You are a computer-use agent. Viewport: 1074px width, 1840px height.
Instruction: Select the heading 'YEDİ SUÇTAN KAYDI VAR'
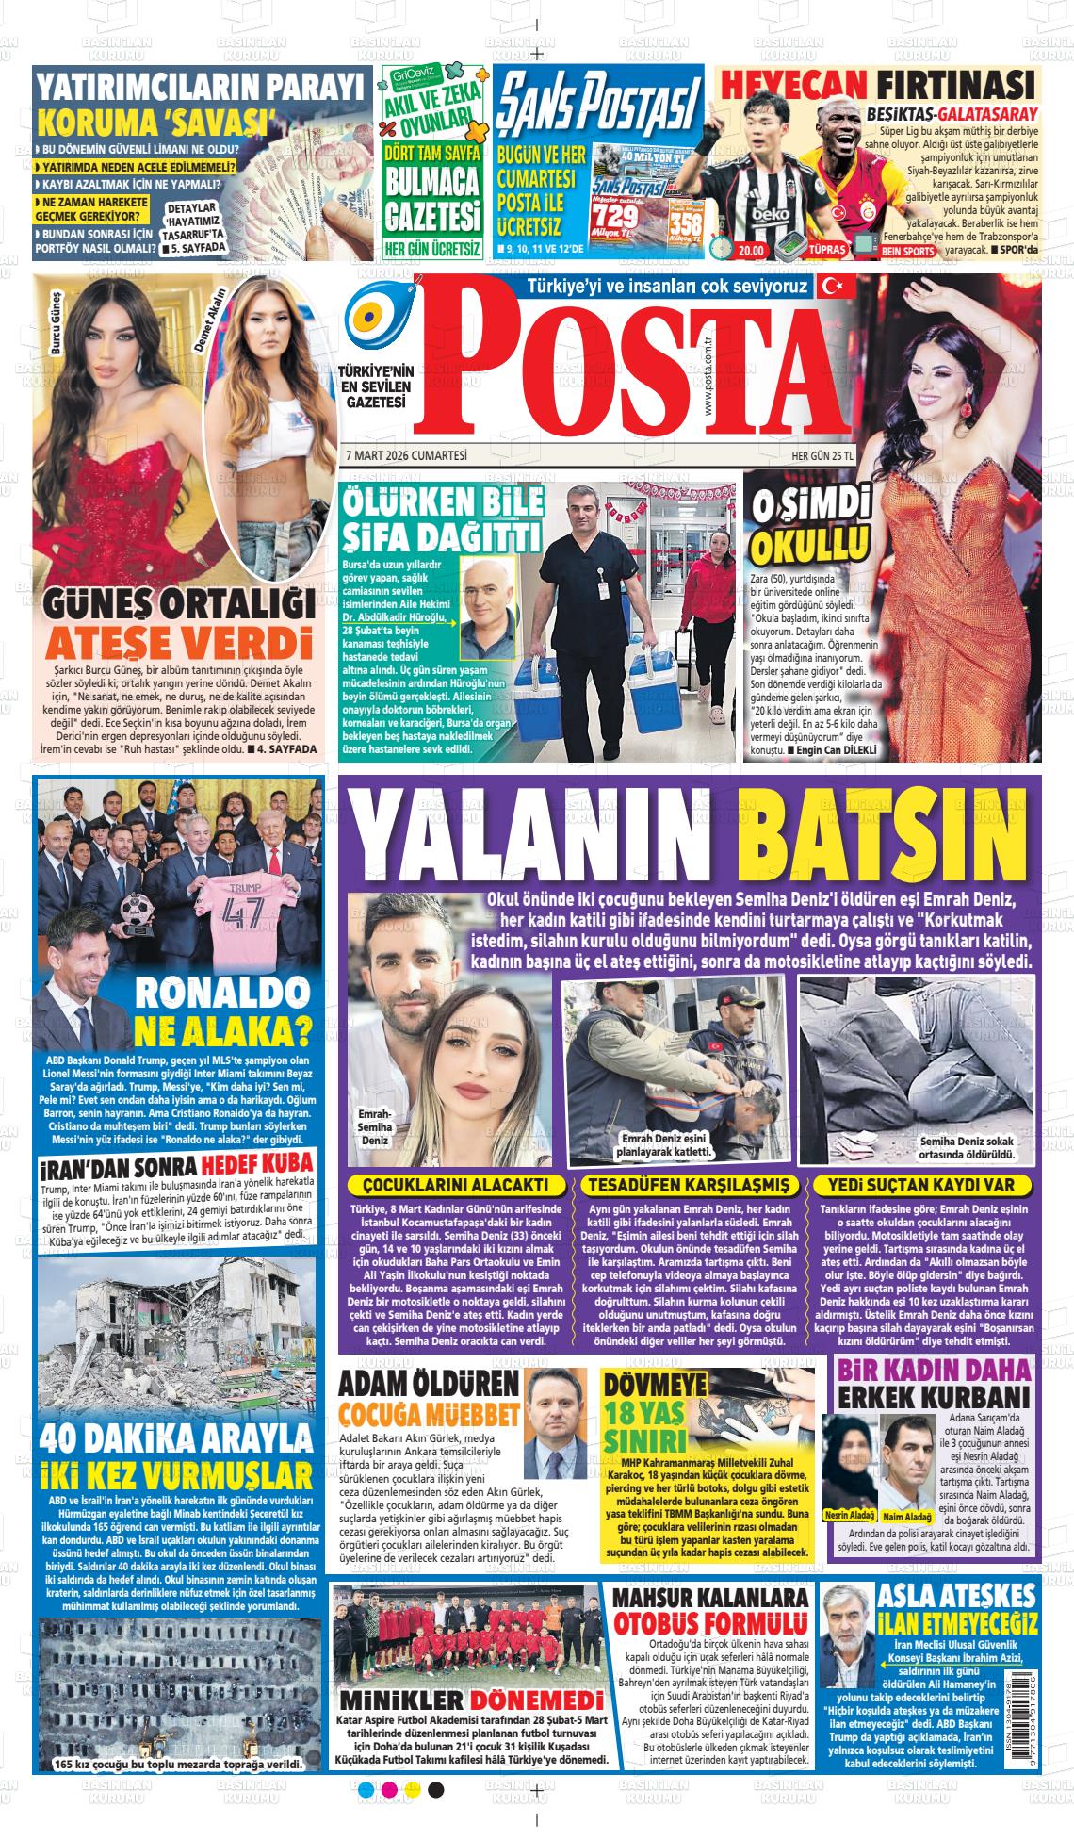(927, 1184)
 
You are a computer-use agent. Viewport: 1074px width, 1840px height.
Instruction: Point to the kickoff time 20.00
(751, 251)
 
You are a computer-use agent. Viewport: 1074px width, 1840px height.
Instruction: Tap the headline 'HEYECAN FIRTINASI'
(877, 84)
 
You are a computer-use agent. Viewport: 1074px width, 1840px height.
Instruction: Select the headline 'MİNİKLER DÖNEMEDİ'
(471, 1701)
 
